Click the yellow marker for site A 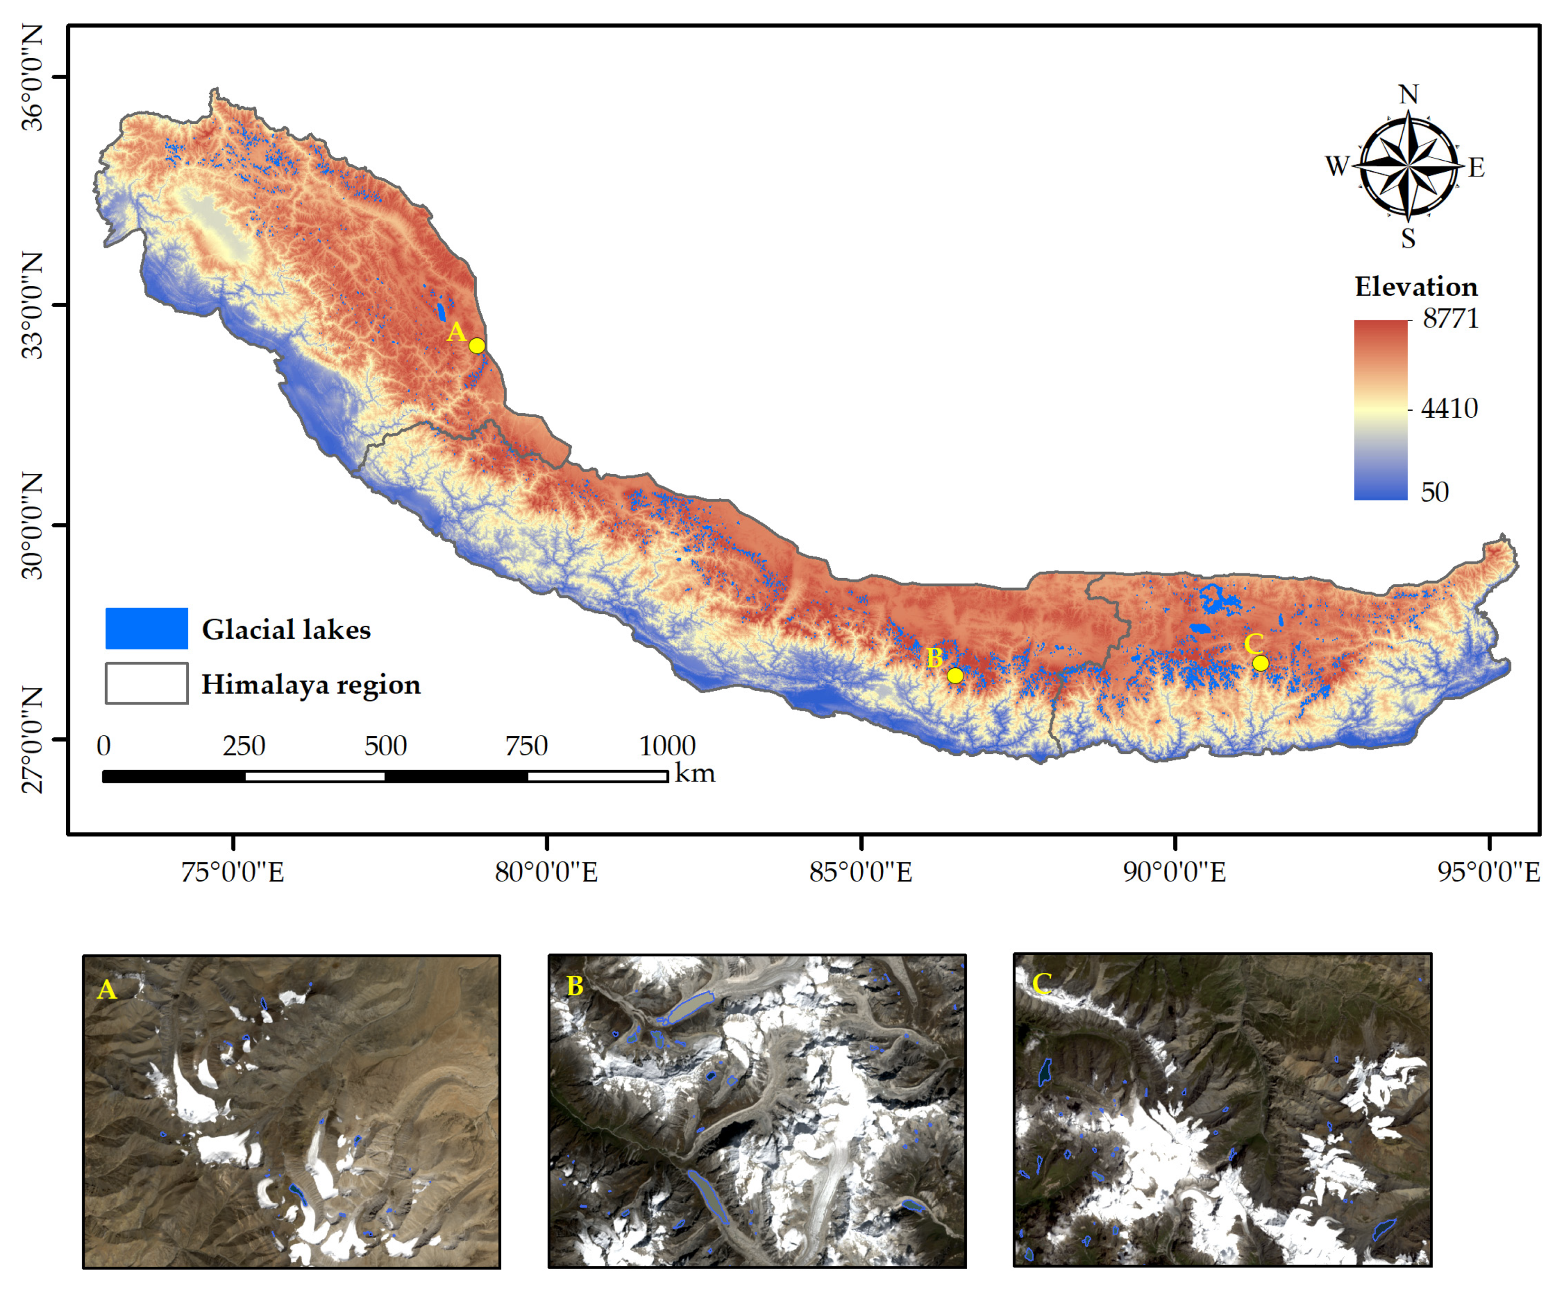pyautogui.click(x=477, y=346)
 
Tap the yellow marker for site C pyautogui.click(x=1260, y=663)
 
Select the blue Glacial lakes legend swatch pyautogui.click(x=146, y=628)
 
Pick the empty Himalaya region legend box pyautogui.click(x=146, y=683)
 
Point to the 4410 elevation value pyautogui.click(x=1449, y=408)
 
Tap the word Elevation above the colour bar pyautogui.click(x=1416, y=287)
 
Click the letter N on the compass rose pyautogui.click(x=1408, y=95)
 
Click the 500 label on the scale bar pyautogui.click(x=386, y=746)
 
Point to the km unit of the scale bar pyautogui.click(x=695, y=774)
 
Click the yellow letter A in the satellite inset pyautogui.click(x=107, y=990)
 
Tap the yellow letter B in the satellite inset pyautogui.click(x=575, y=986)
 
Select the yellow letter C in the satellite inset pyautogui.click(x=1041, y=984)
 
